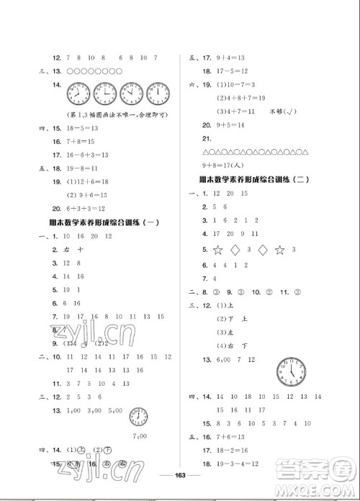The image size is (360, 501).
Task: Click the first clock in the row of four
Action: click(78, 94)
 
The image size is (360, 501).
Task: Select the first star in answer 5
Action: click(215, 250)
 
